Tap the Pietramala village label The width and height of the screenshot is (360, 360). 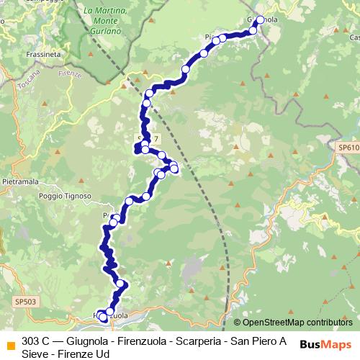coord(20,183)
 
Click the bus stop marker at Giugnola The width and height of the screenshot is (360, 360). coord(260,20)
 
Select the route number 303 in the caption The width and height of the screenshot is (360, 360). coord(31,341)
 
